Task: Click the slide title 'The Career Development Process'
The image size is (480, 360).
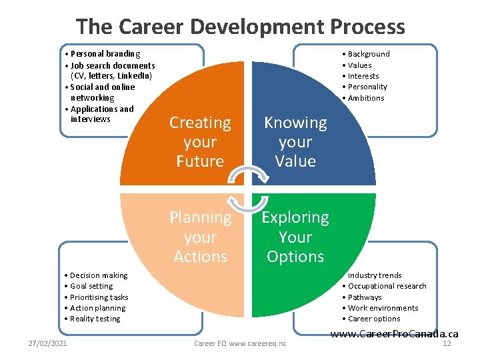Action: pyautogui.click(x=240, y=27)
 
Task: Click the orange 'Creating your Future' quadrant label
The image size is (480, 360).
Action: pyautogui.click(x=200, y=142)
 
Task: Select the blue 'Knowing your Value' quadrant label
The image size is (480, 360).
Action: pyautogui.click(x=295, y=142)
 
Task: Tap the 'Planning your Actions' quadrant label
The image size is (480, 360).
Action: pyautogui.click(x=200, y=237)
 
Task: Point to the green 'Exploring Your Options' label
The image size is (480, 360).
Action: pyautogui.click(x=295, y=237)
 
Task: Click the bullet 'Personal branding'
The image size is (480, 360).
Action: pyautogui.click(x=105, y=53)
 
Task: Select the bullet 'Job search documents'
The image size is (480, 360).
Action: pyautogui.click(x=112, y=65)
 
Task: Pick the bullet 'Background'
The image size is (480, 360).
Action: pyautogui.click(x=368, y=54)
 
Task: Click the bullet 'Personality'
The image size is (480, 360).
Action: pyautogui.click(x=366, y=87)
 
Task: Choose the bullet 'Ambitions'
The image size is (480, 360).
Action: pyautogui.click(x=365, y=98)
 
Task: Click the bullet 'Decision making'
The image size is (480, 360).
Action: pyautogui.click(x=98, y=275)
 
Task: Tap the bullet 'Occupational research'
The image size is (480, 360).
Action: pyautogui.click(x=386, y=286)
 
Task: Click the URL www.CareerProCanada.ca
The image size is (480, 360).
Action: pyautogui.click(x=395, y=333)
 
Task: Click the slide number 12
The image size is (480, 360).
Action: pyautogui.click(x=447, y=343)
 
